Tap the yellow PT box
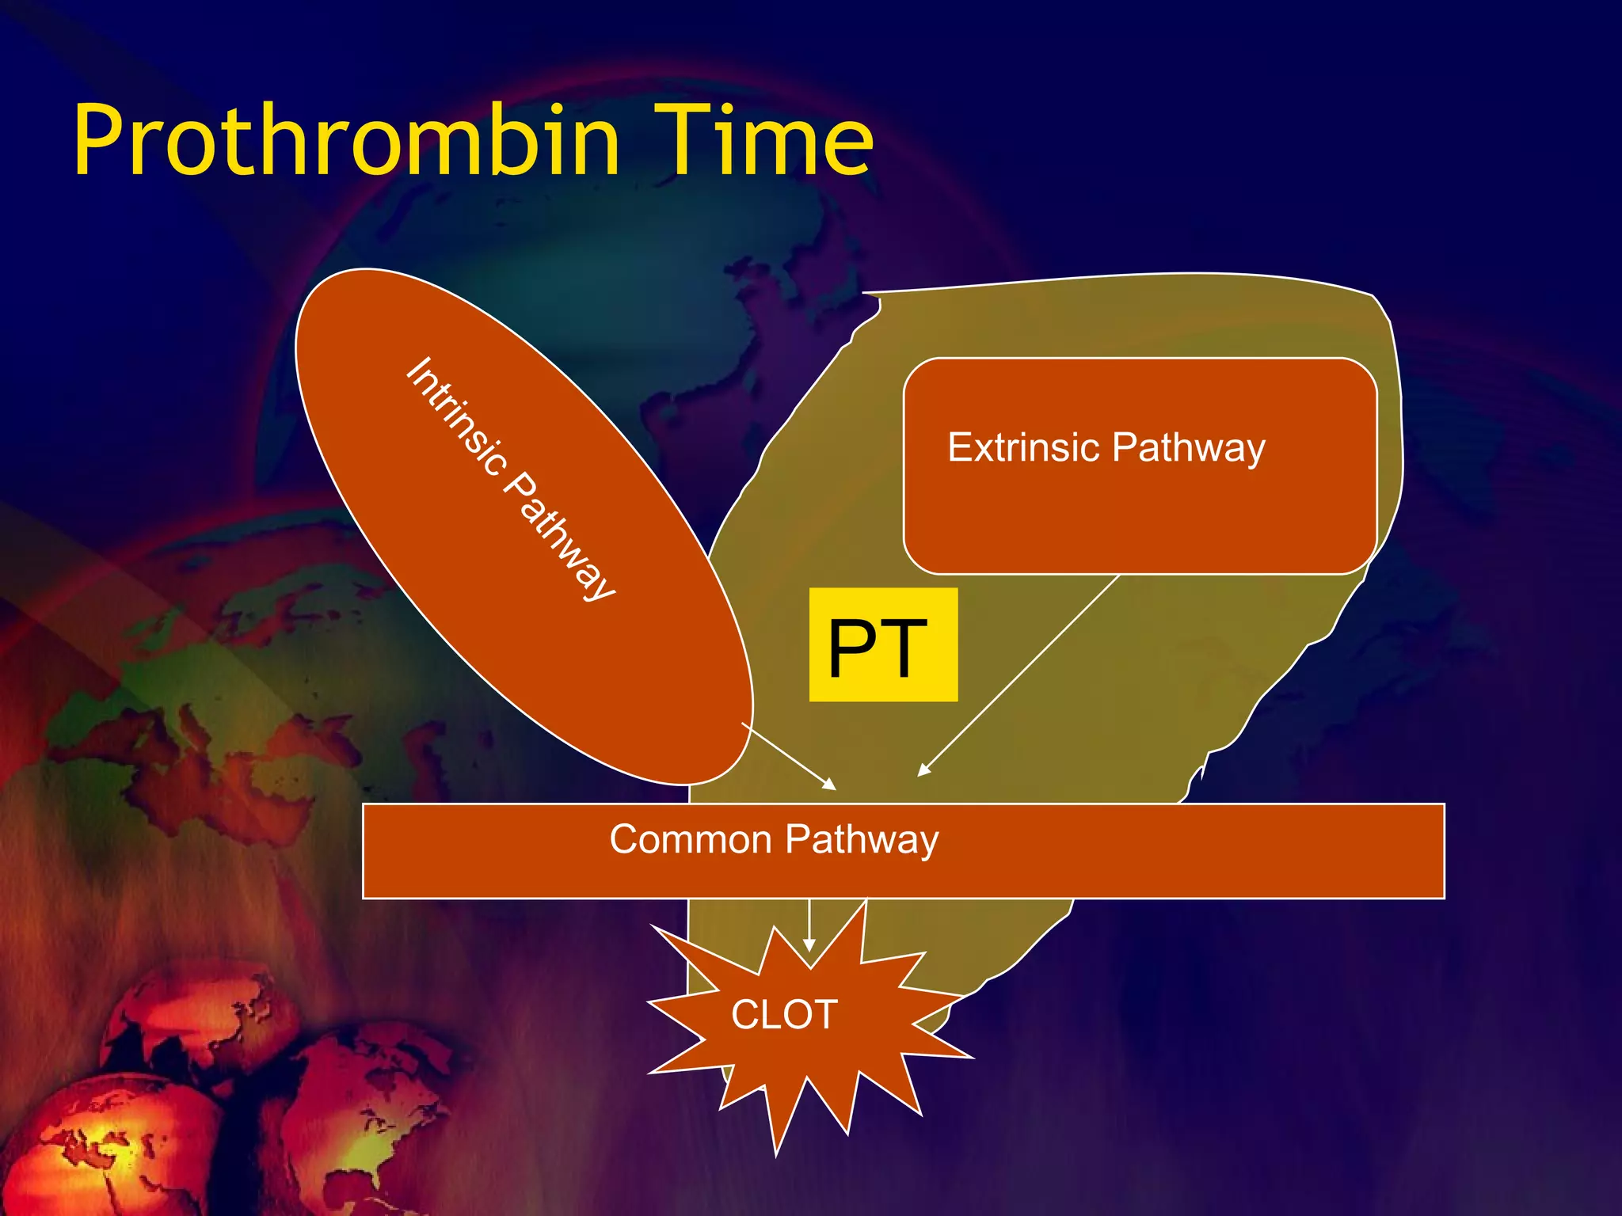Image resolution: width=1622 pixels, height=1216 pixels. click(x=883, y=644)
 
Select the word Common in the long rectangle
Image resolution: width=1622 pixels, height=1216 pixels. click(x=690, y=839)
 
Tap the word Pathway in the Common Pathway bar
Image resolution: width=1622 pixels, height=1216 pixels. click(x=862, y=841)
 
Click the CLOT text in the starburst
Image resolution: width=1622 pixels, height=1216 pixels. click(x=784, y=1014)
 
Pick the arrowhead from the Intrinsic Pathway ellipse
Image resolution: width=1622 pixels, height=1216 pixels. click(x=829, y=784)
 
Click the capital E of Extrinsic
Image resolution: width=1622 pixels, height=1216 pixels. click(x=958, y=447)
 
